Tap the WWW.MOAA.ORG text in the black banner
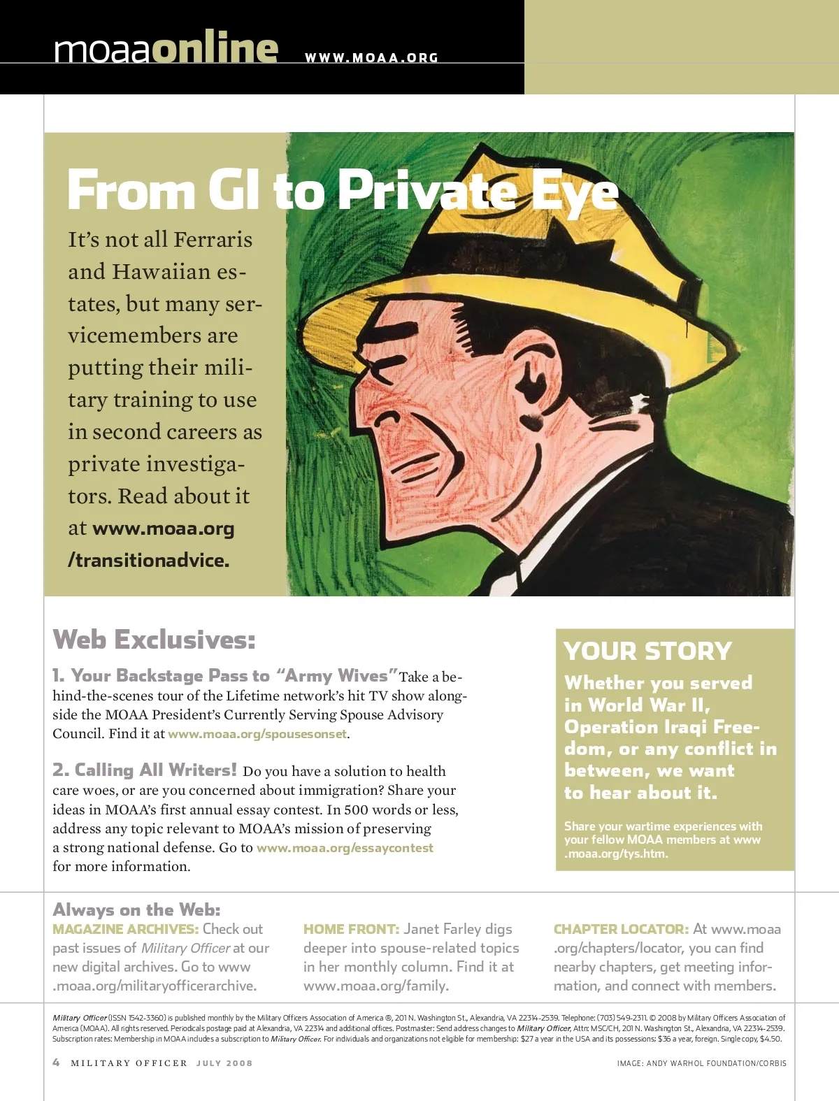coord(371,58)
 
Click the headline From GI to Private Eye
coord(343,190)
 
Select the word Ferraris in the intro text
coord(213,240)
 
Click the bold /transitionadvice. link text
coord(148,561)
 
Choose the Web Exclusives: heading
coord(154,640)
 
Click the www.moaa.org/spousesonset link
coord(257,734)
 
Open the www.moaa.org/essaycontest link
coord(345,848)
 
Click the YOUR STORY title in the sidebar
coord(647,652)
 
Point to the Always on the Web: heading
coord(136,909)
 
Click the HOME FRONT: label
coord(351,929)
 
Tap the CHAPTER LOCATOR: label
coord(621,929)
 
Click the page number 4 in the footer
coord(57,1063)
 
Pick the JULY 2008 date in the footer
coord(224,1063)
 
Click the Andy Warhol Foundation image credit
coord(701,1063)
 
